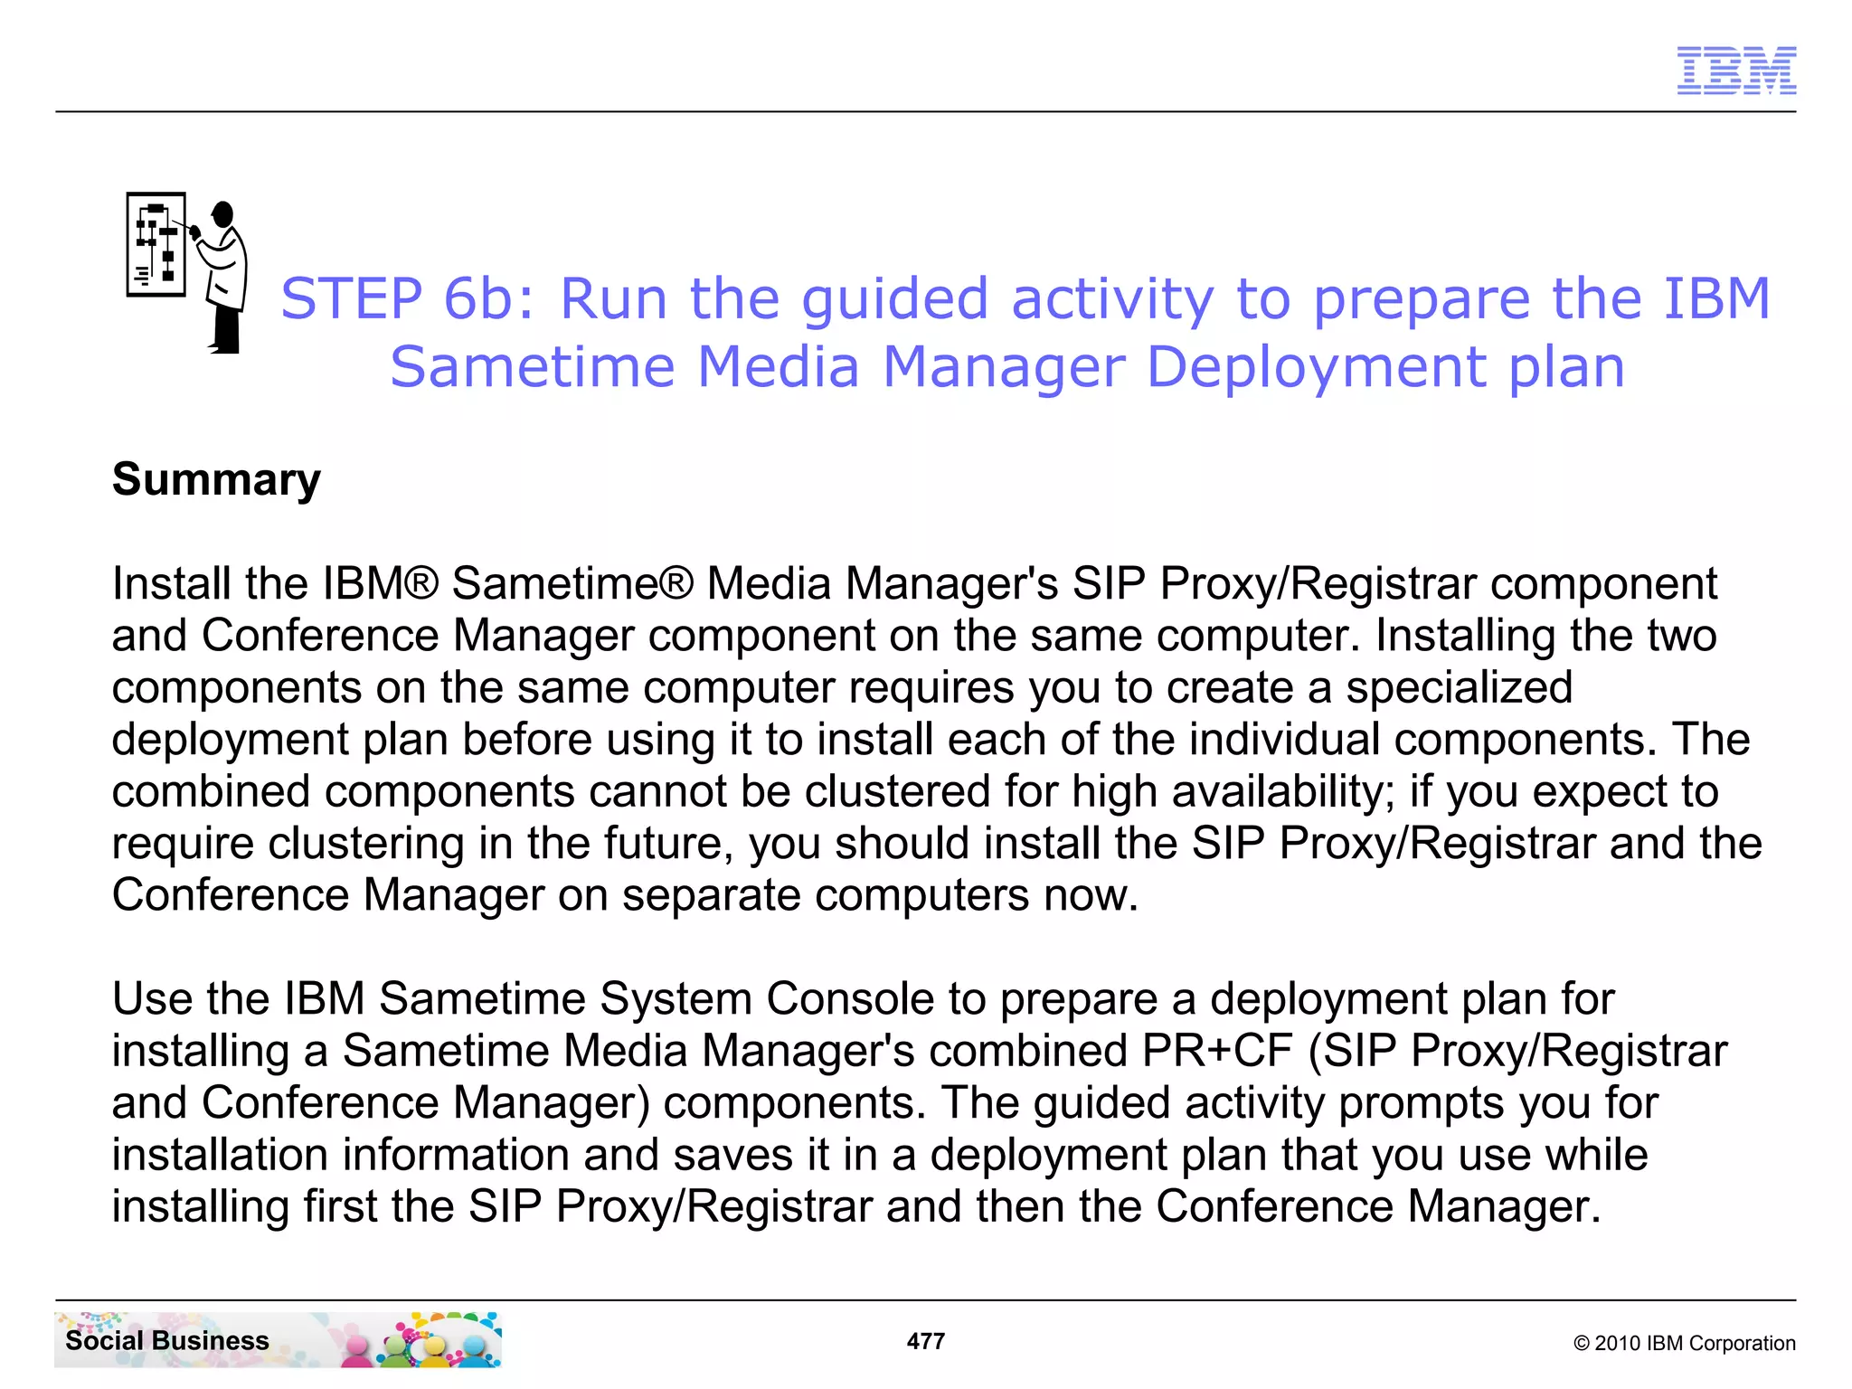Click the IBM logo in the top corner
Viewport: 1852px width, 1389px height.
point(1735,71)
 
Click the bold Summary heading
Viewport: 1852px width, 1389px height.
point(216,479)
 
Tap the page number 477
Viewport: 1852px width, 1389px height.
point(925,1341)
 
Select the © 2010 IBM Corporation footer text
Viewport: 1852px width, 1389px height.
point(1684,1343)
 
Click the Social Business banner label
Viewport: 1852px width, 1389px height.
point(167,1340)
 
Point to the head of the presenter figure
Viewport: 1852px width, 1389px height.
point(222,214)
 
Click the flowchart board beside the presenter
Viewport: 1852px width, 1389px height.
point(156,244)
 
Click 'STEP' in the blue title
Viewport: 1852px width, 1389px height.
point(351,298)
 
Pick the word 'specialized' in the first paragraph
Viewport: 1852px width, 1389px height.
point(1459,687)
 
